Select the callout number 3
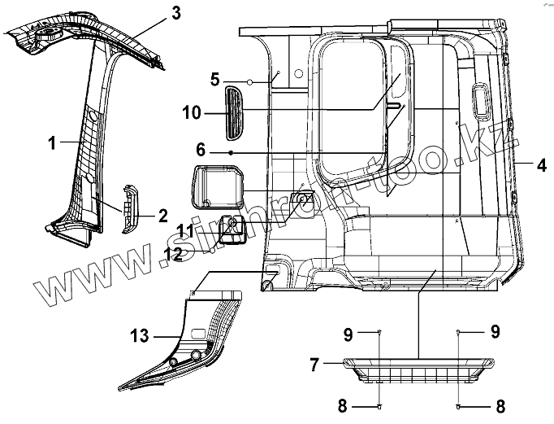point(175,12)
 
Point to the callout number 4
point(540,164)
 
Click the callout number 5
point(214,79)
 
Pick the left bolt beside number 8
point(380,404)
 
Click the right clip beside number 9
point(459,333)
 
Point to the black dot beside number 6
point(232,152)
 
